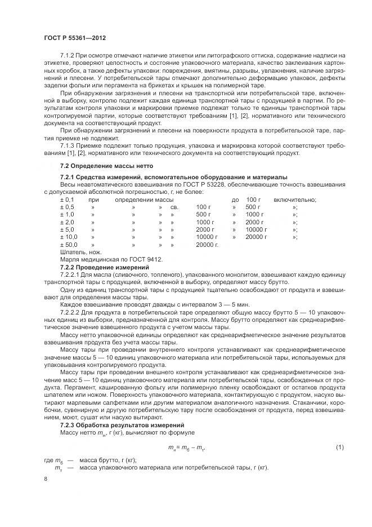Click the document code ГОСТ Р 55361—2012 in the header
[75, 37]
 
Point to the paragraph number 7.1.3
[68, 145]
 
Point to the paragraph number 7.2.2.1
[70, 274]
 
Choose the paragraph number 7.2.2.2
[70, 311]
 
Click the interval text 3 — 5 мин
[163, 304]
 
